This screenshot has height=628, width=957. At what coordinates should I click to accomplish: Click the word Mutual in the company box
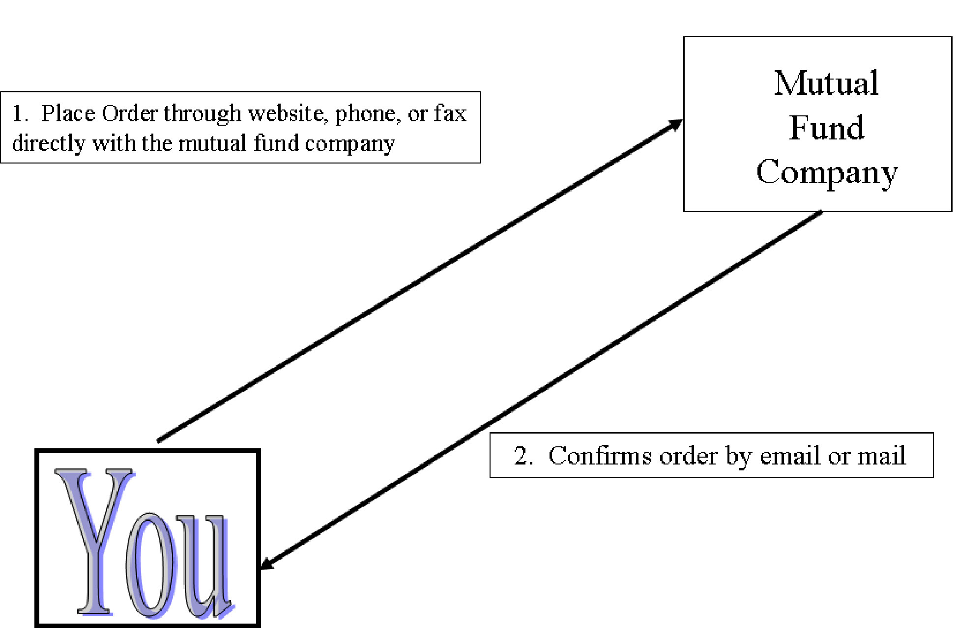point(826,83)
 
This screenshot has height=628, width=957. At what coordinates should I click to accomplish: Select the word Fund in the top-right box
point(826,128)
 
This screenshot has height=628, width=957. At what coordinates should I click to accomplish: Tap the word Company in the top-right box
point(827,173)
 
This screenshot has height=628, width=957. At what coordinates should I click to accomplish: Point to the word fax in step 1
point(450,113)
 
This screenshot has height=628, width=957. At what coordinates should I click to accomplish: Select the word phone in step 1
point(365,114)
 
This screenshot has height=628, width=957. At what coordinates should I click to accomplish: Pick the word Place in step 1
point(68,113)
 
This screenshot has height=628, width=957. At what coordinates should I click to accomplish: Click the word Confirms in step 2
point(600,456)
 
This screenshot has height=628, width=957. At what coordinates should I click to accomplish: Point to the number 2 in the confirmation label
point(521,456)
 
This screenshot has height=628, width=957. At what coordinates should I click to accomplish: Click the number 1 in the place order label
point(18,113)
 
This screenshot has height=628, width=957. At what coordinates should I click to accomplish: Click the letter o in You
point(150,565)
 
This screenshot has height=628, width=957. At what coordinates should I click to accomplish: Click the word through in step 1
point(203,114)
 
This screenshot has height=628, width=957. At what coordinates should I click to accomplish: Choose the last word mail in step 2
point(882,456)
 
